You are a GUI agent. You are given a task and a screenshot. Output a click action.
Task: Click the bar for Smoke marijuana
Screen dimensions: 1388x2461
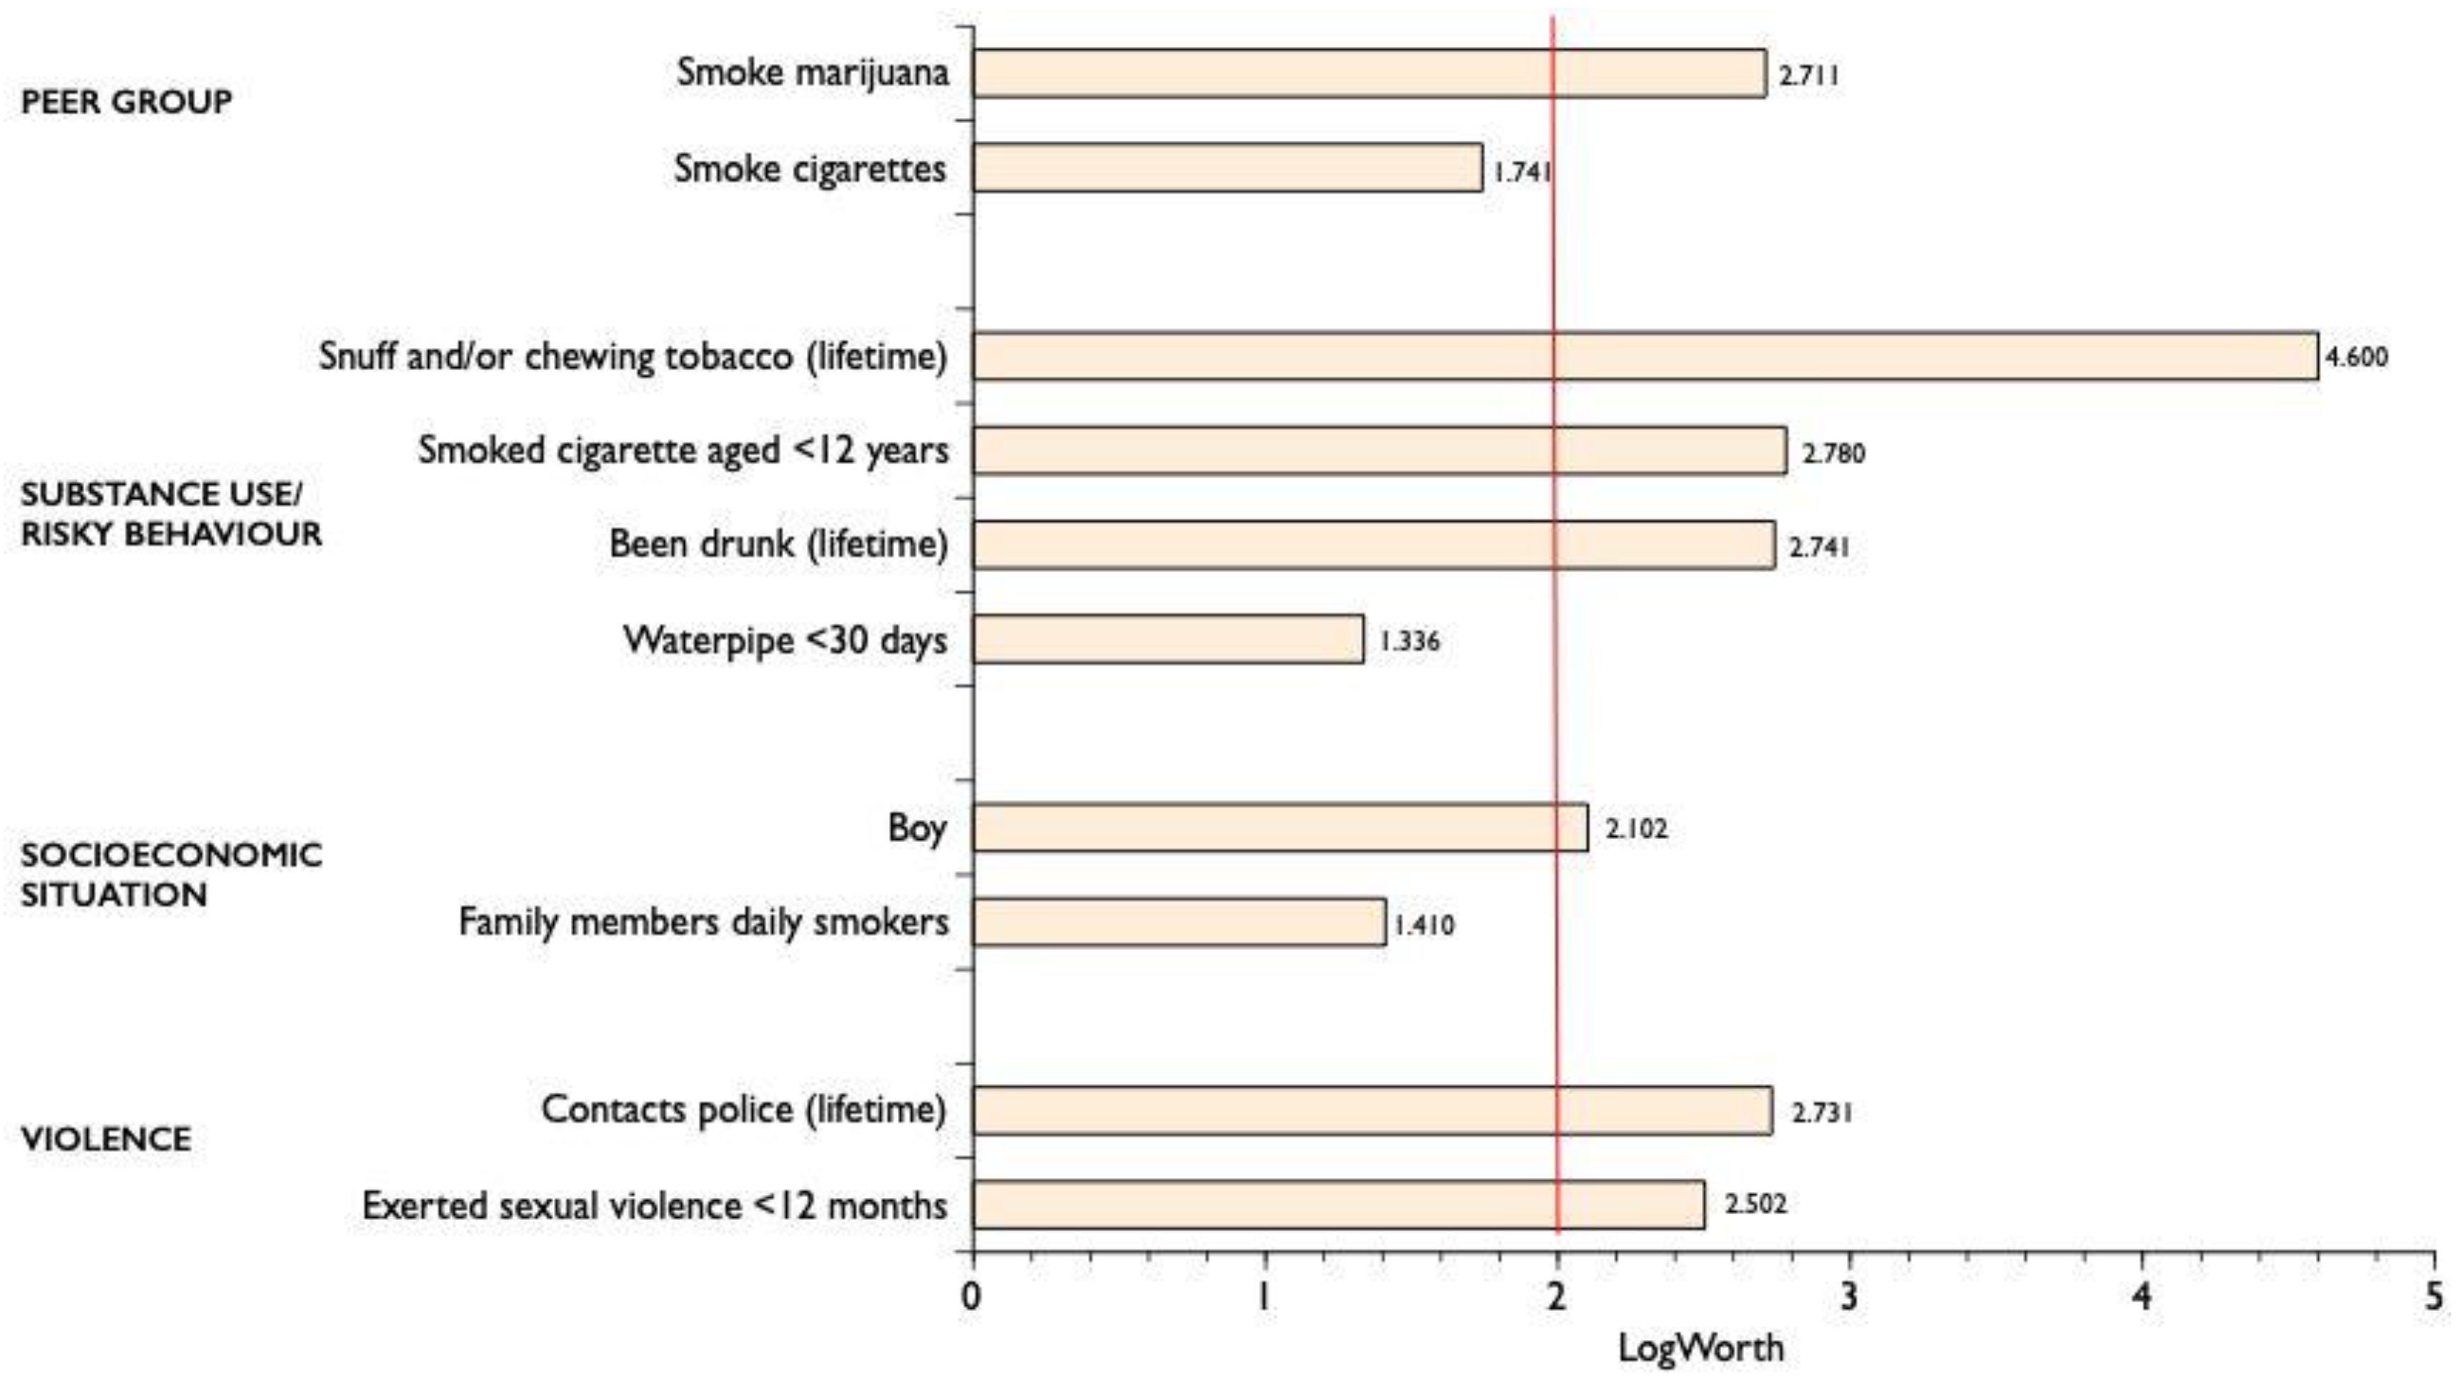tap(1368, 74)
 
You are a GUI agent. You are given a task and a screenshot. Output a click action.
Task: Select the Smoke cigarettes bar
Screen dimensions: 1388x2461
tap(1227, 168)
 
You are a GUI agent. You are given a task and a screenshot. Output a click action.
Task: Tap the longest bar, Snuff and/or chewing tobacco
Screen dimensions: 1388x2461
tap(1644, 357)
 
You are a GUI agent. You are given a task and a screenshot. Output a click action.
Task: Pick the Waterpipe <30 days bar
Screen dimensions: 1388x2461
tap(1167, 639)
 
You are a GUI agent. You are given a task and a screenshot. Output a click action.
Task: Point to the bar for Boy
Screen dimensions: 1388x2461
tap(1279, 827)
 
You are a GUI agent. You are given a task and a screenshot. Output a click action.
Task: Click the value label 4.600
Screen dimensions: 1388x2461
tap(2355, 357)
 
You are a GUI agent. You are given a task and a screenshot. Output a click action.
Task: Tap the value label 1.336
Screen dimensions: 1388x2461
tap(1408, 641)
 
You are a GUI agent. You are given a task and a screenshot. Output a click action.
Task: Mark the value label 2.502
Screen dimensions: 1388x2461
tap(1754, 1204)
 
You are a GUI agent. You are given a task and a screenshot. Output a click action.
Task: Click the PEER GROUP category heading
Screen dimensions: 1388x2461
tap(126, 101)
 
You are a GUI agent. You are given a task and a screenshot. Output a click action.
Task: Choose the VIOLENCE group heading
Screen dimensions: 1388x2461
tap(105, 1139)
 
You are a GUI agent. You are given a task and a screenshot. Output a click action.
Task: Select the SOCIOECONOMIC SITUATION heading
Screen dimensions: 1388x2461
tap(170, 874)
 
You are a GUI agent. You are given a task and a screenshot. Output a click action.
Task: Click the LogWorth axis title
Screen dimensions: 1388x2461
tap(1700, 1348)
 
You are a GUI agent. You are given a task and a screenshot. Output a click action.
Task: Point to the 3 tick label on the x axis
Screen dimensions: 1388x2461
tap(1850, 1297)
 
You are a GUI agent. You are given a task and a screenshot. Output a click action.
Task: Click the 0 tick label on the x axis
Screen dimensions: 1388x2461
tap(971, 1297)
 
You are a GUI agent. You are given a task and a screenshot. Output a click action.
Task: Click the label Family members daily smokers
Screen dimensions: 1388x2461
tap(703, 922)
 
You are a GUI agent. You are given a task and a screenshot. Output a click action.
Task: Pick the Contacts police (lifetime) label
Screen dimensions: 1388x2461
tap(743, 1109)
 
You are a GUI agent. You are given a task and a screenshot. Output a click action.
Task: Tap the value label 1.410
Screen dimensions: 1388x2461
tap(1423, 925)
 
